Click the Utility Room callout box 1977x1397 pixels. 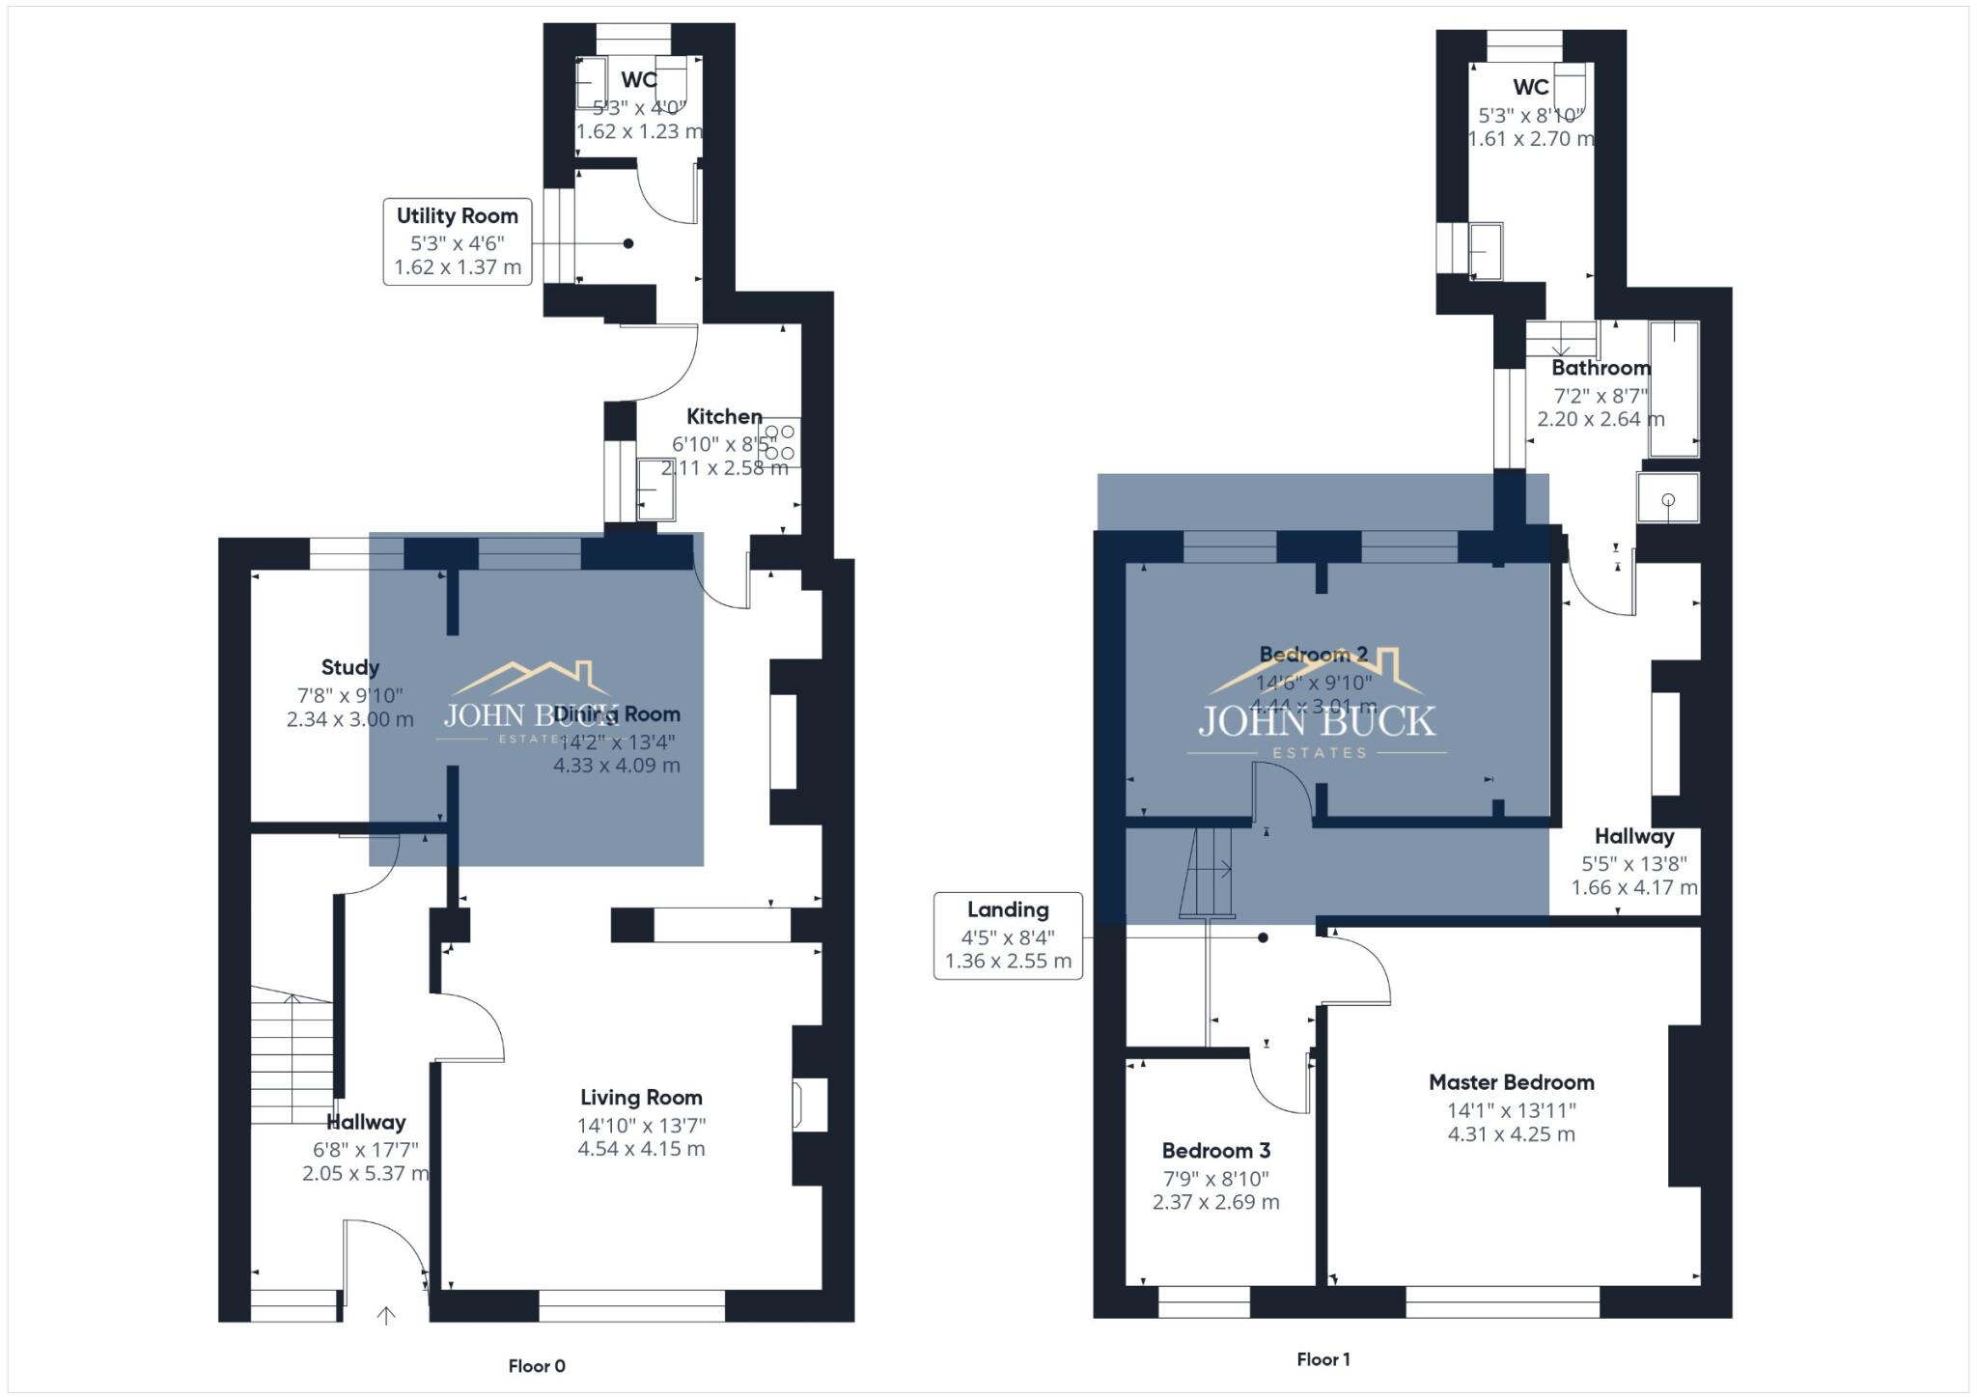pyautogui.click(x=457, y=241)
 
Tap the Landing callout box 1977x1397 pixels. pyautogui.click(x=1008, y=936)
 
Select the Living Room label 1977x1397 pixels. pyautogui.click(x=641, y=1098)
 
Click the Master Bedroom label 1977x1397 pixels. pyautogui.click(x=1511, y=1082)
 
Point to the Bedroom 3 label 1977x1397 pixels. pyautogui.click(x=1215, y=1151)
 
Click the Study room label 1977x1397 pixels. pyautogui.click(x=349, y=667)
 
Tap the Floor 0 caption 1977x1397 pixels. pyautogui.click(x=537, y=1366)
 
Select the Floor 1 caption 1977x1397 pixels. pyautogui.click(x=1323, y=1359)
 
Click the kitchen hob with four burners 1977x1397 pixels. pyautogui.click(x=779, y=442)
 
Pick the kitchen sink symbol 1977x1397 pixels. pyautogui.click(x=655, y=489)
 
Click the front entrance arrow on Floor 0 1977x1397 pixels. pyautogui.click(x=386, y=1315)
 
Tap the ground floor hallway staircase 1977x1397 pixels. pyautogui.click(x=292, y=1057)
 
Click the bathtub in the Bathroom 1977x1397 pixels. pyautogui.click(x=1674, y=389)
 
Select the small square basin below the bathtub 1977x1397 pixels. pyautogui.click(x=1668, y=498)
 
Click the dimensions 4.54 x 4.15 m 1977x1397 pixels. pyautogui.click(x=641, y=1149)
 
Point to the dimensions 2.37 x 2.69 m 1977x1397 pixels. pyautogui.click(x=1215, y=1203)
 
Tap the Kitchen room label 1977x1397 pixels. pyautogui.click(x=724, y=417)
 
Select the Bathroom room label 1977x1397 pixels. pyautogui.click(x=1600, y=368)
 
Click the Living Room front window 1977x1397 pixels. pyautogui.click(x=631, y=1305)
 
